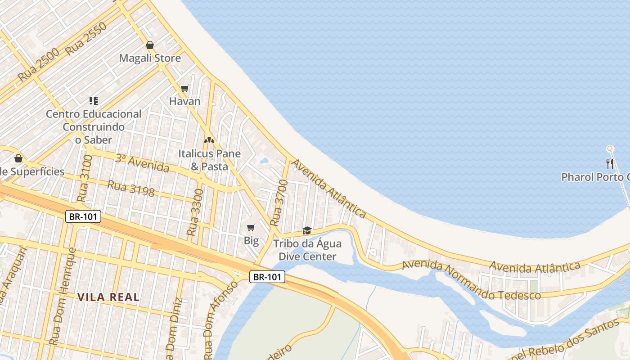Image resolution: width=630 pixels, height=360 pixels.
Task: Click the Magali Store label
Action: click(150, 58)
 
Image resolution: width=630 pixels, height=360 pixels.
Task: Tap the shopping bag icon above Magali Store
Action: click(150, 45)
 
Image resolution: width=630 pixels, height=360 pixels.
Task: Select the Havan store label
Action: click(184, 101)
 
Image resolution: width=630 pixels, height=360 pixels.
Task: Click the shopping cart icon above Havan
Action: click(184, 88)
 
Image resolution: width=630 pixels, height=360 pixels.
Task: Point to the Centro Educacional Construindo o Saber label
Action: click(94, 127)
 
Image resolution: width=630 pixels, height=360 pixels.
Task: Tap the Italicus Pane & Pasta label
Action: click(209, 160)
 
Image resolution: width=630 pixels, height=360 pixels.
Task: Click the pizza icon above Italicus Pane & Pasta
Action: click(209, 140)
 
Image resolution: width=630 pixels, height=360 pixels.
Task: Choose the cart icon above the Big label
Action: click(251, 228)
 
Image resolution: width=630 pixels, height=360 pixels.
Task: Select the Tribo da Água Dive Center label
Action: click(307, 250)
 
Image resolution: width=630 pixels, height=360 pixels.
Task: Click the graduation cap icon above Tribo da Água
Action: click(307, 230)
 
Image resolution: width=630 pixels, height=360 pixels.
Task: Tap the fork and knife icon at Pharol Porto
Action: click(610, 163)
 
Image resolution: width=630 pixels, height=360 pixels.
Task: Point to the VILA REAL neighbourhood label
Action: click(108, 297)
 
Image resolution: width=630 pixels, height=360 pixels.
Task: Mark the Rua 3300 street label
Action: click(195, 212)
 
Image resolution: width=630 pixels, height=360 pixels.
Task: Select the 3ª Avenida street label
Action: click(142, 163)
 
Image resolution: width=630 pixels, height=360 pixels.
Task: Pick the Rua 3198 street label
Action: click(130, 188)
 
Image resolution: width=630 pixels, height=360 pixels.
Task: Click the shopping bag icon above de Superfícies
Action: click(18, 158)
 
